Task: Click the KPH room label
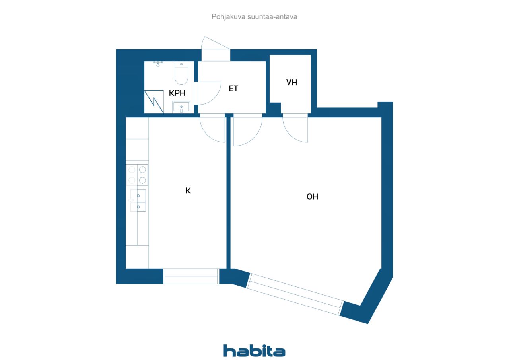coord(177,93)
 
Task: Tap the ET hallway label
coord(233,88)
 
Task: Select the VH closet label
coord(291,82)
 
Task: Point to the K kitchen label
coord(188,191)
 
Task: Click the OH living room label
coord(312,197)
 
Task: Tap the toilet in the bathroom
coord(181,73)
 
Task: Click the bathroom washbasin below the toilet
coord(181,107)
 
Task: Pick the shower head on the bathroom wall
coord(158,64)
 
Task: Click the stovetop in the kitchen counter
coord(137,175)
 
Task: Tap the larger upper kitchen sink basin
coord(138,195)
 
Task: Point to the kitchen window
coord(191,276)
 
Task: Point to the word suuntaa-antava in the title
coord(272,17)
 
